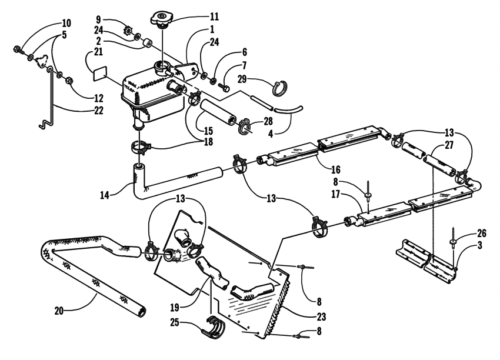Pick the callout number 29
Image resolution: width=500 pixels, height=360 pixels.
pos(242,80)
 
